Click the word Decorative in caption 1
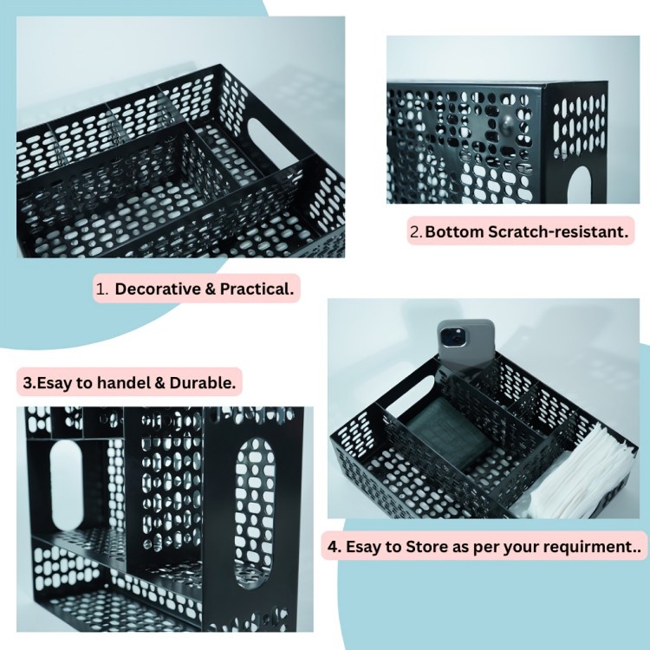tap(158, 289)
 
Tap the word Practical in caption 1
tap(257, 289)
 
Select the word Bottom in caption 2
tap(454, 231)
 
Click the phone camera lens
tap(451, 337)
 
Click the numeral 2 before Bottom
tap(415, 232)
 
